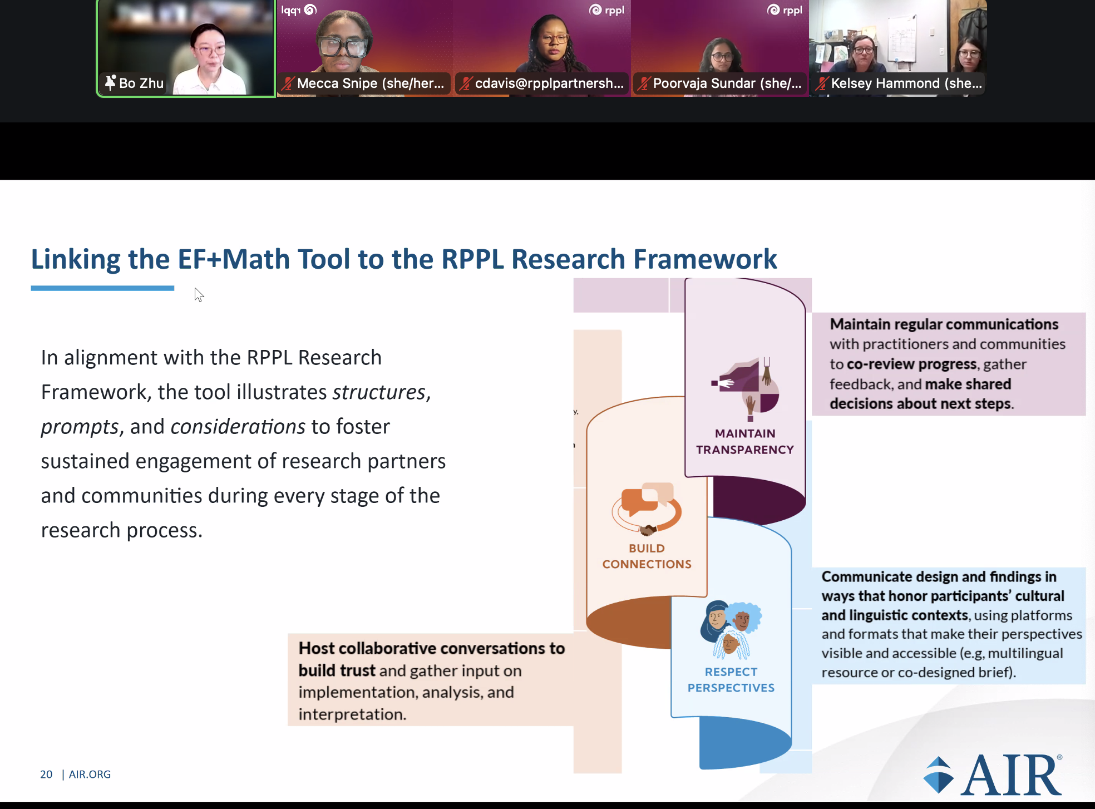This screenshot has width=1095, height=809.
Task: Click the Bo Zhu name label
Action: [141, 83]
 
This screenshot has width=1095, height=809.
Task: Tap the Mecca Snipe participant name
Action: [371, 83]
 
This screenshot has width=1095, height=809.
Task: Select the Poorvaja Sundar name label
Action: [727, 83]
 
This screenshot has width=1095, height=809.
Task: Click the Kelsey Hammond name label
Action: [906, 83]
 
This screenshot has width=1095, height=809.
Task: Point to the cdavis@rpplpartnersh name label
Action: [549, 83]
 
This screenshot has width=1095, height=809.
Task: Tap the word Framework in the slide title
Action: [705, 259]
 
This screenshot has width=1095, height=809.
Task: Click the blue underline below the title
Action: [102, 288]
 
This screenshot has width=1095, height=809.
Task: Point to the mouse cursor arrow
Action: [199, 294]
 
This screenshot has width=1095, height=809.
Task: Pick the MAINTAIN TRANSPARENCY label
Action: [745, 441]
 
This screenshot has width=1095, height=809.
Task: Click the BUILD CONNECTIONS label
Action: [647, 556]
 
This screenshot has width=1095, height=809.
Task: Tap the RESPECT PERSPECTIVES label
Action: [731, 680]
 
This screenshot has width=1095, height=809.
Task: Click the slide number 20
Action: [46, 775]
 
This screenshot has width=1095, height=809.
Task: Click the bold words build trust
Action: [337, 671]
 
